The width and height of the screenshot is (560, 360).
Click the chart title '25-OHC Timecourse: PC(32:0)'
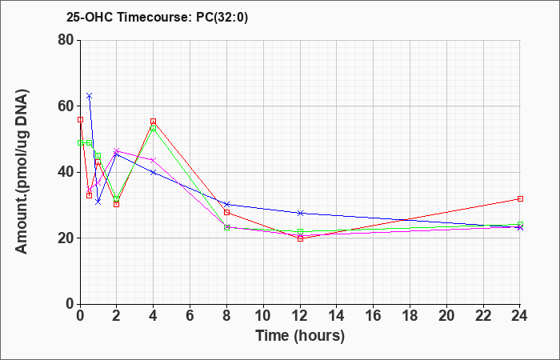coord(157,17)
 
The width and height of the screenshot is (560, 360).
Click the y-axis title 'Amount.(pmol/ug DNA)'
coord(22,172)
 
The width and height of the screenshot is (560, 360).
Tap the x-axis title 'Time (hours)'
coord(300,336)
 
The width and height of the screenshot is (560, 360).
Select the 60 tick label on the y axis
coord(66,106)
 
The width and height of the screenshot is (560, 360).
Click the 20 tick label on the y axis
coord(66,238)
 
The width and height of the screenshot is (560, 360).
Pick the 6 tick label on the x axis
coord(190,316)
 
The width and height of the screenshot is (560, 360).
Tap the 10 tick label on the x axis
coord(263,316)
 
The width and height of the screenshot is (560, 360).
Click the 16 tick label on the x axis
coord(374,316)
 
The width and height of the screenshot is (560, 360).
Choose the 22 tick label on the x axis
coord(483,316)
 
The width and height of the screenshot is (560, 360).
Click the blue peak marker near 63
coord(90,96)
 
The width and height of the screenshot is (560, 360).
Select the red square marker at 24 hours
coord(520,198)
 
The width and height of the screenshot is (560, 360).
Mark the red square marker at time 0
coord(80,120)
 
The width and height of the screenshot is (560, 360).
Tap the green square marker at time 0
coord(80,143)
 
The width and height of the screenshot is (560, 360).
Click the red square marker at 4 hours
coord(154,122)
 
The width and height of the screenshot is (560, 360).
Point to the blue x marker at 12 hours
coord(300,214)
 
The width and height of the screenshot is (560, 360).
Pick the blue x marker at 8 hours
coord(226,204)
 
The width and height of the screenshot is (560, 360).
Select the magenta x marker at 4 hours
coord(154,160)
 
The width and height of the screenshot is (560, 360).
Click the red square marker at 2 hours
coord(117,204)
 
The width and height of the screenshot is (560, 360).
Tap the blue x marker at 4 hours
coord(154,172)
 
